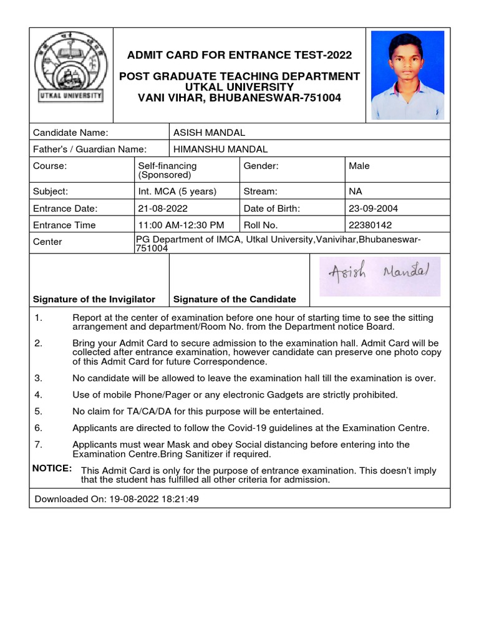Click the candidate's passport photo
click(x=407, y=75)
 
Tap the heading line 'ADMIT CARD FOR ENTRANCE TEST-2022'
click(x=239, y=55)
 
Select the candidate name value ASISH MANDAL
click(x=209, y=132)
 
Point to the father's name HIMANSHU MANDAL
click(x=220, y=149)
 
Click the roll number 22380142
click(x=370, y=225)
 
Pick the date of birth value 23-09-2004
click(x=373, y=208)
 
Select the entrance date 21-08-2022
click(x=163, y=208)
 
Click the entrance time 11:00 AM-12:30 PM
click(x=180, y=225)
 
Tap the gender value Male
click(x=359, y=166)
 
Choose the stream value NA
click(x=356, y=191)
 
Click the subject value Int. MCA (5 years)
click(x=177, y=191)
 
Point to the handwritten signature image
click(x=379, y=276)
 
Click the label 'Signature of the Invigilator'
click(x=94, y=299)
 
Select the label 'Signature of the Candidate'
click(x=235, y=299)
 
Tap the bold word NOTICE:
click(x=52, y=468)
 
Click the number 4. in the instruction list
click(x=38, y=394)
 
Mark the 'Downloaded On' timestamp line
click(x=117, y=499)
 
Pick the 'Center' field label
click(x=47, y=242)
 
